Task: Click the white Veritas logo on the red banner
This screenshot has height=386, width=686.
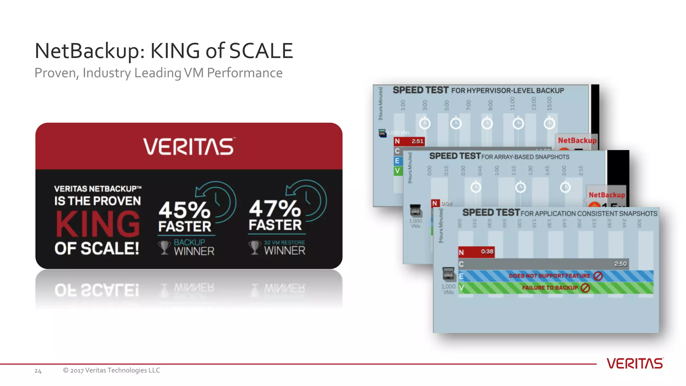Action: [x=189, y=147]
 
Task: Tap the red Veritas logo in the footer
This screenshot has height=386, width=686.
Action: [x=635, y=364]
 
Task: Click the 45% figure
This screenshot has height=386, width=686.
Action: [x=184, y=210]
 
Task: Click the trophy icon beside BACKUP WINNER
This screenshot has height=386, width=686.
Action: [x=164, y=248]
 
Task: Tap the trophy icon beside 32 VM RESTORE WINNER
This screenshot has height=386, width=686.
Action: [x=255, y=248]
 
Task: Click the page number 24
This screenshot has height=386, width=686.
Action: [x=38, y=371]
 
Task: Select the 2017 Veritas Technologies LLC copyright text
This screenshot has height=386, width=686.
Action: [x=112, y=370]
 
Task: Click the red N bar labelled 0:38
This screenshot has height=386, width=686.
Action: [x=476, y=252]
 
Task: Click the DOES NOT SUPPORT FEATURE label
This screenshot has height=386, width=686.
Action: [x=549, y=276]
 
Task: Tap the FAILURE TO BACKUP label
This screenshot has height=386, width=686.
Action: [x=550, y=287]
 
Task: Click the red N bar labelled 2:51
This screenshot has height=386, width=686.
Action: [x=409, y=141]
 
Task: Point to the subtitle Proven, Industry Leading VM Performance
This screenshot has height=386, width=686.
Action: [x=158, y=73]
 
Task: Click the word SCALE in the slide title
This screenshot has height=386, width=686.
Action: [x=261, y=51]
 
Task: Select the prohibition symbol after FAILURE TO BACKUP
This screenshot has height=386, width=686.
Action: [x=585, y=288]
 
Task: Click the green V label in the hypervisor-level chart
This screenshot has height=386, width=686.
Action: [x=398, y=171]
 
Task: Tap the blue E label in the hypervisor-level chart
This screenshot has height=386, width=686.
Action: [x=398, y=161]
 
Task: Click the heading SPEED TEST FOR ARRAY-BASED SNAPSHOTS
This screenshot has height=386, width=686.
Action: [x=499, y=156]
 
